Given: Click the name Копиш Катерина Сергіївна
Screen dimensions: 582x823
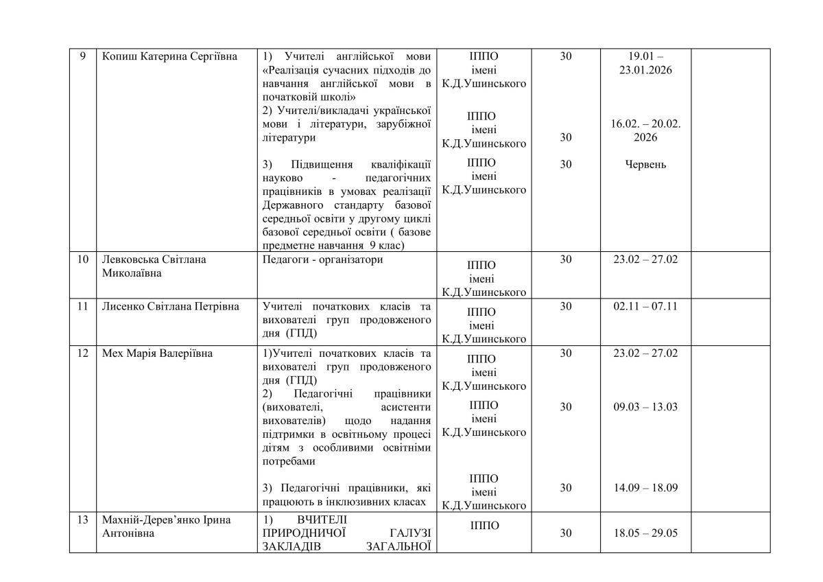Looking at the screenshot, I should (x=169, y=56).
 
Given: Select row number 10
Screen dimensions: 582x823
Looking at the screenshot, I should (x=82, y=259).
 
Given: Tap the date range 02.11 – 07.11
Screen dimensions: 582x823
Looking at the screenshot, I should (x=645, y=306).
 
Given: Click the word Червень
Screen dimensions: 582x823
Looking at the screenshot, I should (x=645, y=164).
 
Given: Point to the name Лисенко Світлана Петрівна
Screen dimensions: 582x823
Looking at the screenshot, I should (x=170, y=306).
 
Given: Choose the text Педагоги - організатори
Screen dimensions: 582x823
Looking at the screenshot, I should (x=323, y=259).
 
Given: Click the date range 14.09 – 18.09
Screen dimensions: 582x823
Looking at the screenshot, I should (x=645, y=488).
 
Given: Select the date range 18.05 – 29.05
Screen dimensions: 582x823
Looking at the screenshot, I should (x=645, y=533).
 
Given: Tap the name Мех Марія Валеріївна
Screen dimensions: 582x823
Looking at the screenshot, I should (x=156, y=353).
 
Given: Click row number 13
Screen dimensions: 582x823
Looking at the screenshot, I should (x=82, y=520).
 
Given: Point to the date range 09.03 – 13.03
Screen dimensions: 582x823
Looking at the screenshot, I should (x=645, y=407).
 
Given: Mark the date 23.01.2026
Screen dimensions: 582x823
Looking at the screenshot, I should (x=645, y=70).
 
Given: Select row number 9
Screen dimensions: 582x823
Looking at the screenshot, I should (x=82, y=56).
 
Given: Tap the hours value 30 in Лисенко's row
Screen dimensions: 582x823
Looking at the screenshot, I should (x=565, y=306).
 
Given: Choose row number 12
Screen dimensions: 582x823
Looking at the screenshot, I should (x=82, y=353).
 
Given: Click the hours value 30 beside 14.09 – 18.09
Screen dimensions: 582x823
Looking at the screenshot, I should (x=565, y=488).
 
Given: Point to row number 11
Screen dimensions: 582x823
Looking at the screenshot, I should (x=82, y=306).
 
